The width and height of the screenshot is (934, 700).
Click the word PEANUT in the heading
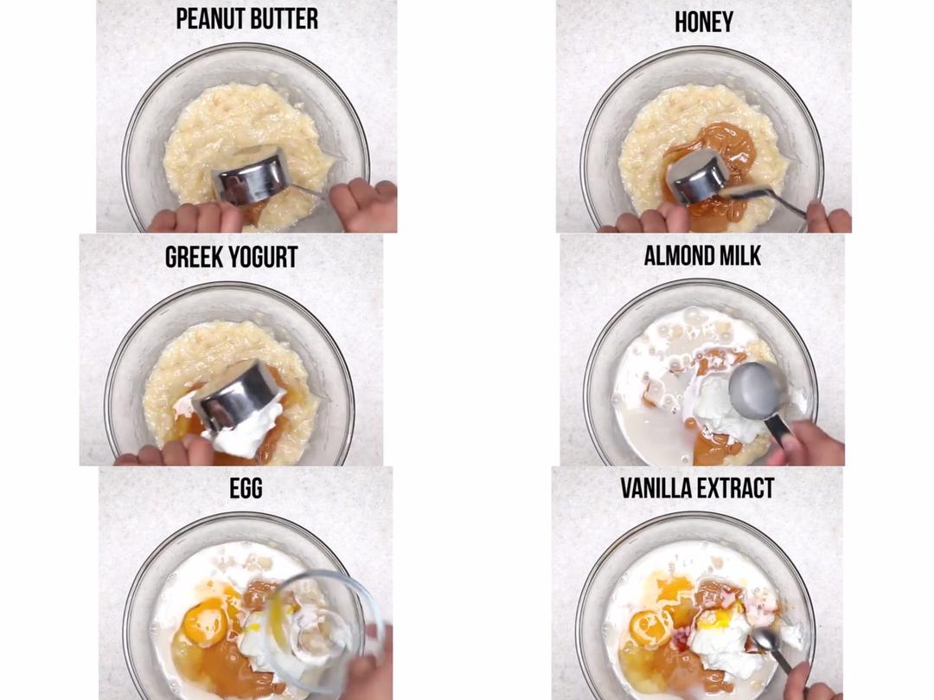[208, 19]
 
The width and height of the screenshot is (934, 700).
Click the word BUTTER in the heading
[283, 19]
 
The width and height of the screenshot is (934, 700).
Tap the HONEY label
[703, 22]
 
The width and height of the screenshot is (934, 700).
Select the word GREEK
[195, 257]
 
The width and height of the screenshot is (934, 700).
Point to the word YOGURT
[264, 257]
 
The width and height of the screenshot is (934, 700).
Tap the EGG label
[246, 489]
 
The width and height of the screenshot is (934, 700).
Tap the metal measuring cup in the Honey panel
[699, 175]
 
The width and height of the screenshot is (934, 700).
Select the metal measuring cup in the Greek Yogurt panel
[239, 395]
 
